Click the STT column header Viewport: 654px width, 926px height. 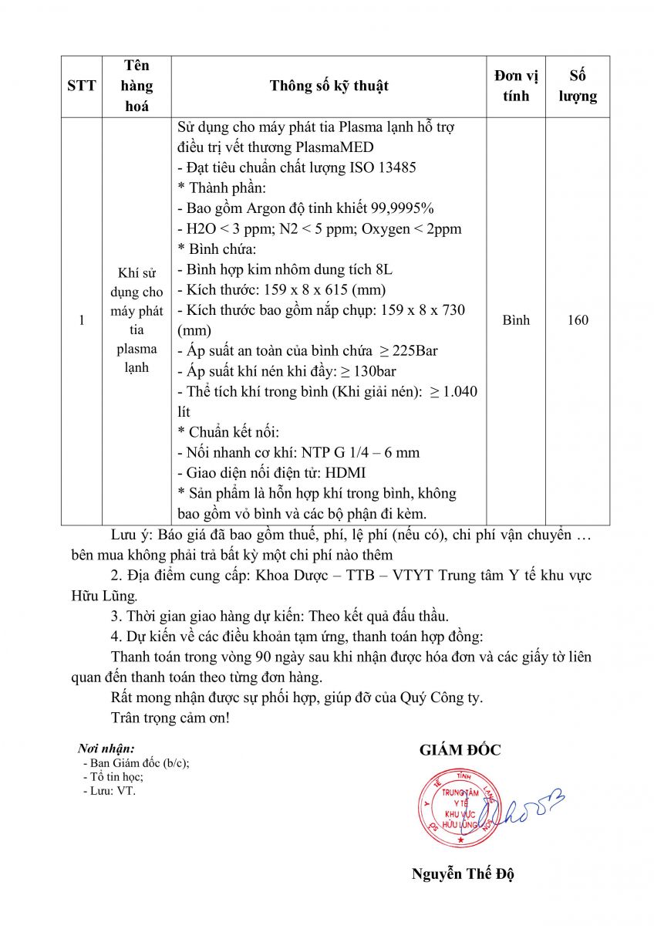click(x=82, y=86)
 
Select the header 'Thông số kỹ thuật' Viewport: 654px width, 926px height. click(x=329, y=86)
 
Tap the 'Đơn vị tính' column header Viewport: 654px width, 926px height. click(x=516, y=86)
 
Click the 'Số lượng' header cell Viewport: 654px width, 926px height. click(x=578, y=86)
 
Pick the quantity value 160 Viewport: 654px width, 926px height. click(x=578, y=319)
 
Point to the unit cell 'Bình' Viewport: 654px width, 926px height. click(x=516, y=319)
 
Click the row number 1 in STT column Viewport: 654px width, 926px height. click(x=82, y=319)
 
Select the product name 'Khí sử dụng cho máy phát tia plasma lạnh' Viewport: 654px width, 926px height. click(x=137, y=319)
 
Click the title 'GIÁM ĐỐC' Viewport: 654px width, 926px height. click(x=460, y=750)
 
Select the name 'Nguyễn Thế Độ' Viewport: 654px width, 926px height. click(x=463, y=874)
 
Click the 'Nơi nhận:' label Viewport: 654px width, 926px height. click(x=106, y=749)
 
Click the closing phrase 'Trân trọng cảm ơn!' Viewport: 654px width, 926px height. click(x=170, y=718)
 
